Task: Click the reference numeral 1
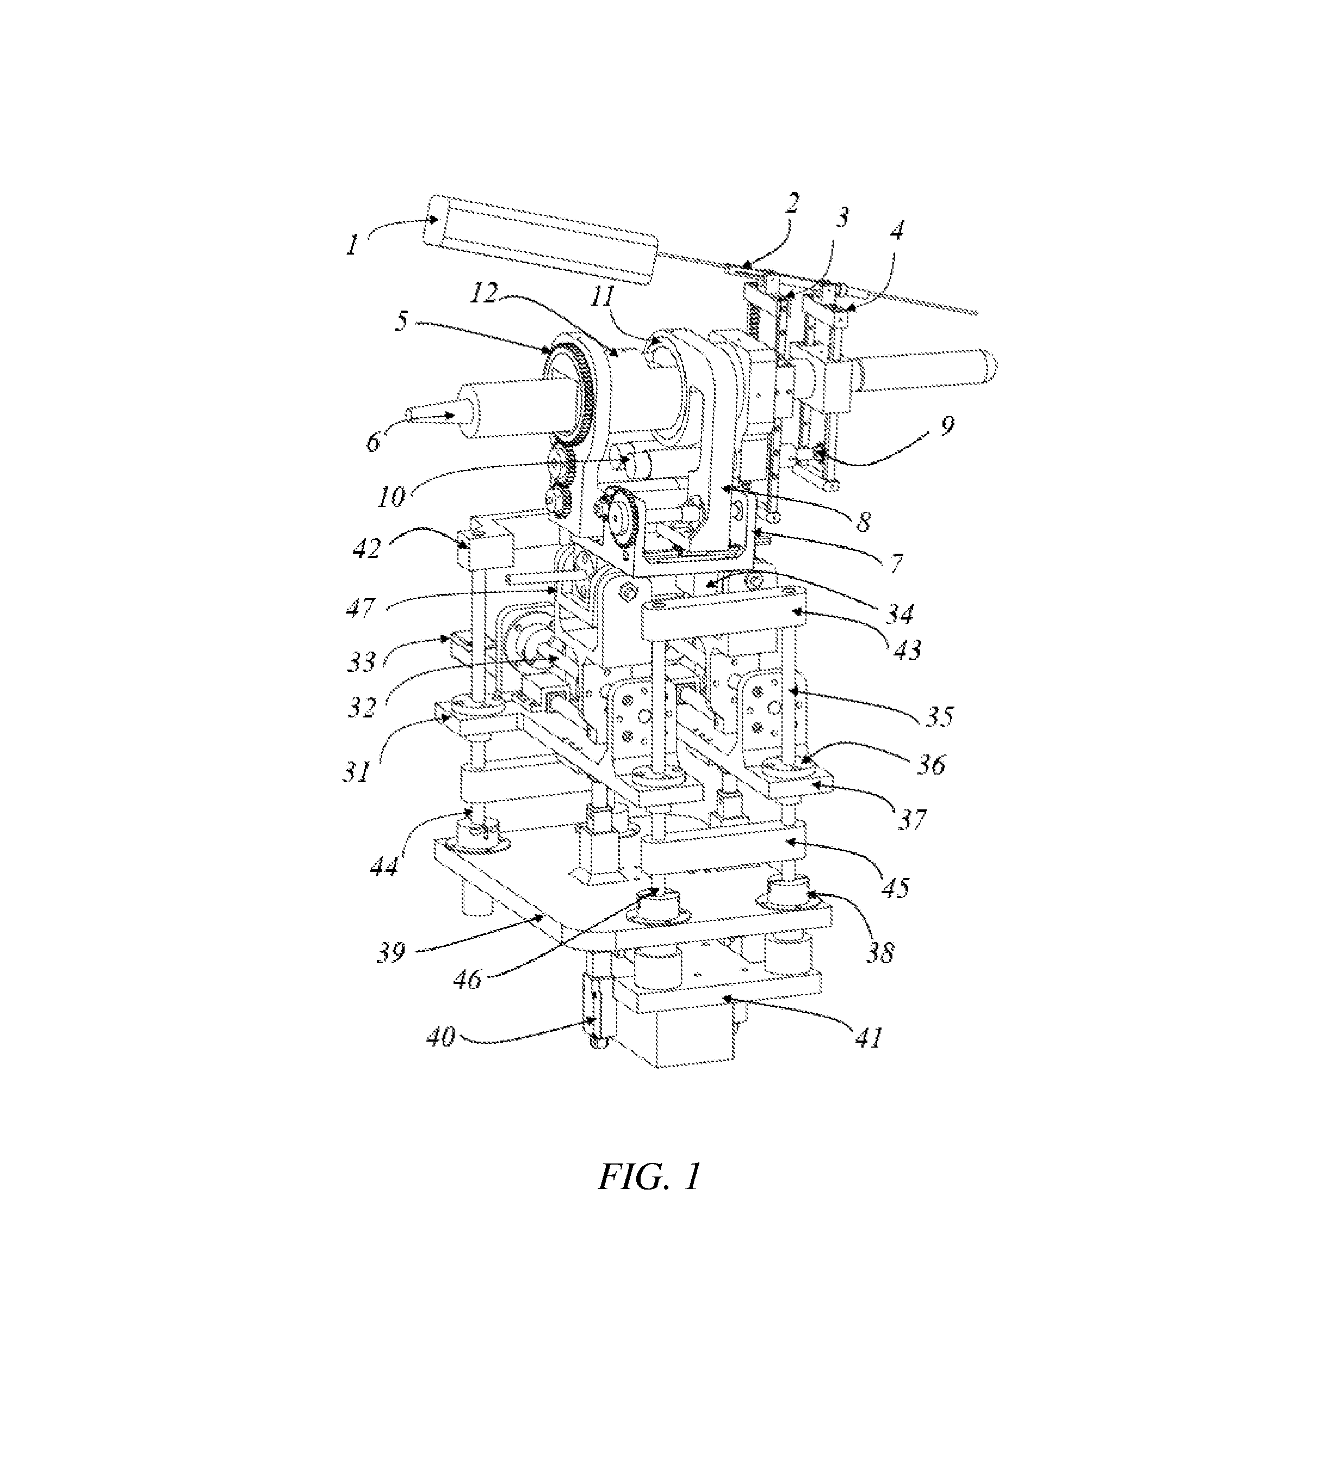pos(352,245)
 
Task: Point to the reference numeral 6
pos(373,441)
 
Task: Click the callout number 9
pos(946,425)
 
